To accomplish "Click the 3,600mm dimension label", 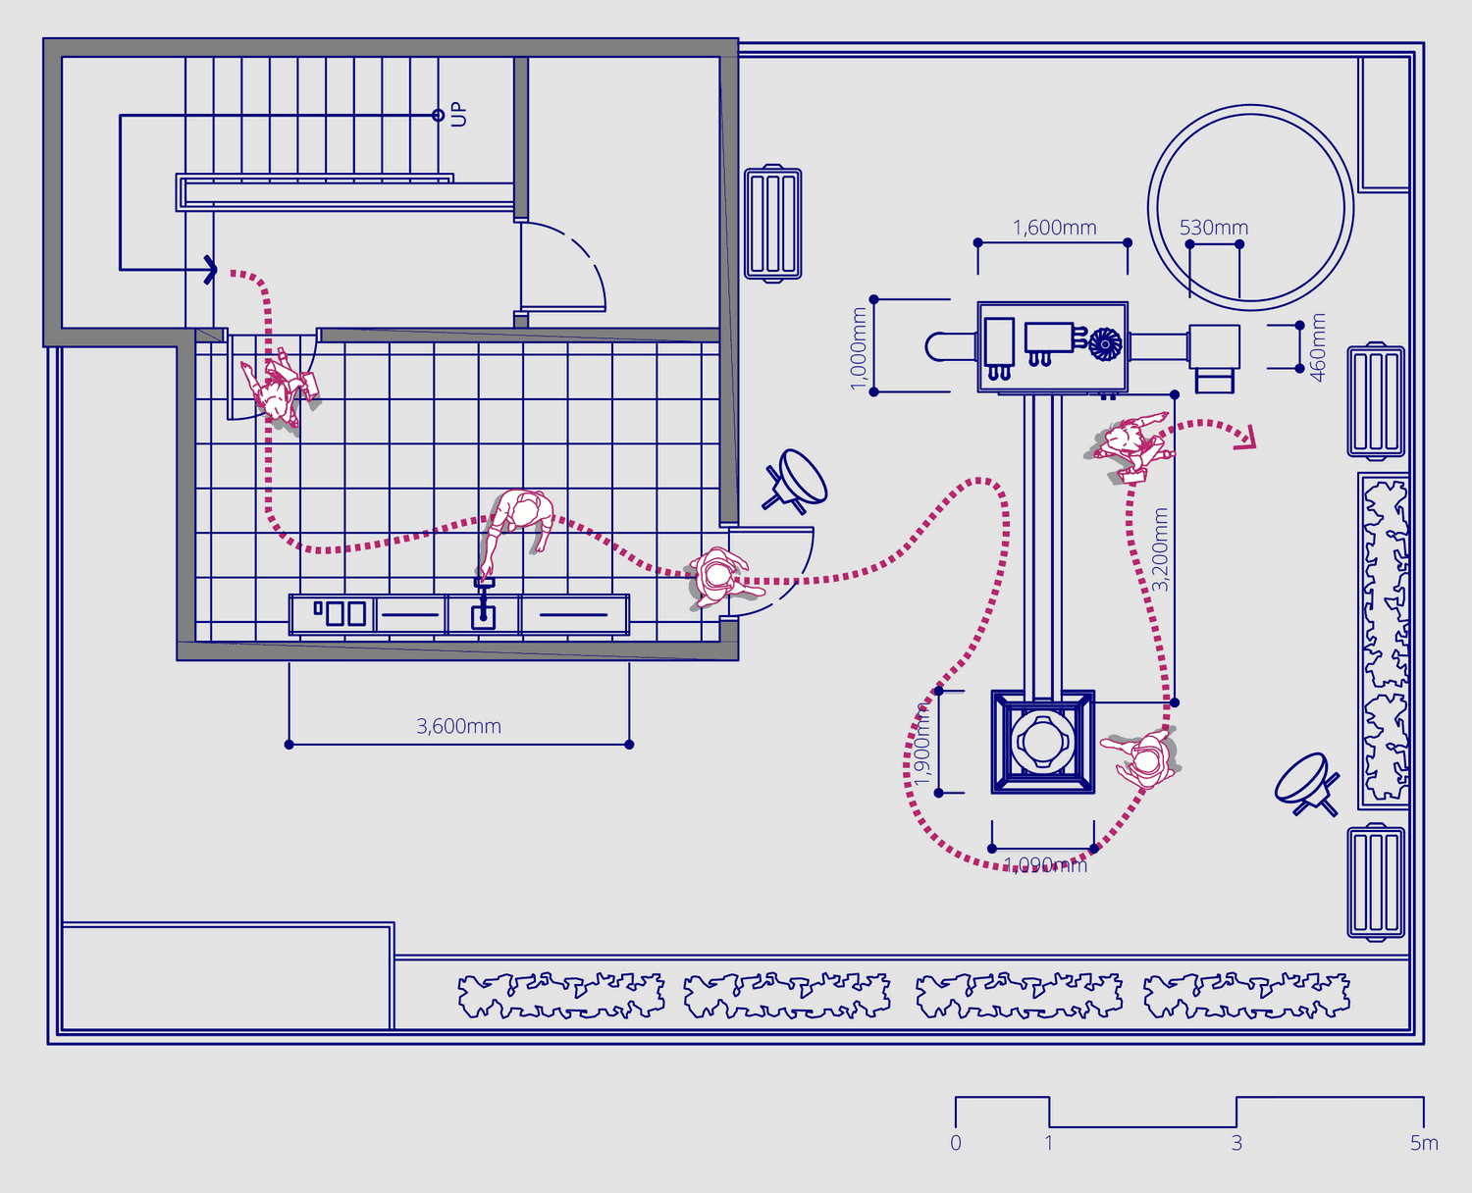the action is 458,726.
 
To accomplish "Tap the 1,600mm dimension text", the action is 1054,228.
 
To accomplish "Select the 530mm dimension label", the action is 1213,228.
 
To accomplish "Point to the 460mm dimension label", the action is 1318,347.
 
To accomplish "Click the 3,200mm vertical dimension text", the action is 1160,549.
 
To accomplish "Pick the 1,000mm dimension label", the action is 859,348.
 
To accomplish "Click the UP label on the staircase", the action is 458,115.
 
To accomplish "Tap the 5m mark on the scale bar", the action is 1424,1143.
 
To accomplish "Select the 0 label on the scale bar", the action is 956,1143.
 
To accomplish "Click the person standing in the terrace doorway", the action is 719,577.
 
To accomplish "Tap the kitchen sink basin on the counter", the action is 483,616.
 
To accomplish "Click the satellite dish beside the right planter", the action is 1306,783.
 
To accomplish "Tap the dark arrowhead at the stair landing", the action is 210,268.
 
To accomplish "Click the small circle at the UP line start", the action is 438,116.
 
